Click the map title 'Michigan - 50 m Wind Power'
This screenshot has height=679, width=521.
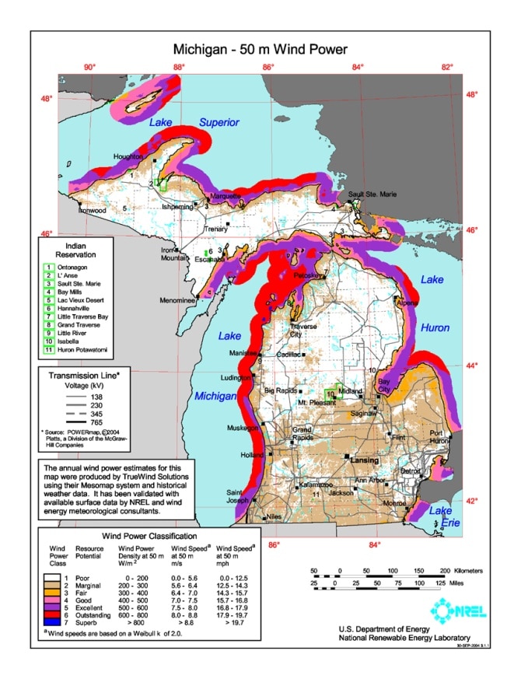tap(260, 49)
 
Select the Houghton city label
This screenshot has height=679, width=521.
tap(128, 156)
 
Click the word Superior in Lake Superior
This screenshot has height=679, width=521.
tap(219, 122)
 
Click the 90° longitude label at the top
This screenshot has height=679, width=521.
tap(90, 68)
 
